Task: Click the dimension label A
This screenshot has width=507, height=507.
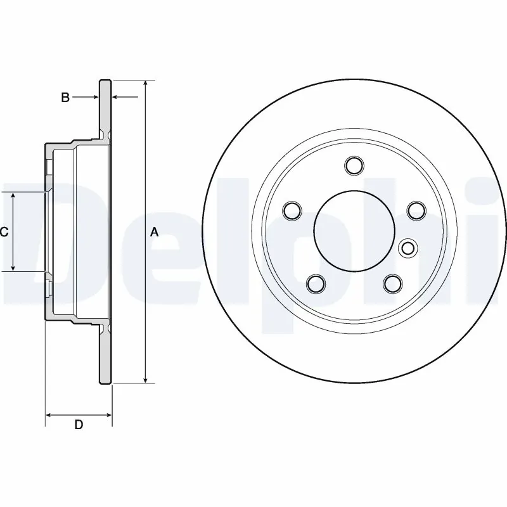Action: (154, 233)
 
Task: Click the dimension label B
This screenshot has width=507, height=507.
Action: (65, 98)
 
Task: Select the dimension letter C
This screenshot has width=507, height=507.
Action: (4, 233)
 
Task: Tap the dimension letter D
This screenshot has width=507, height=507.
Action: (79, 425)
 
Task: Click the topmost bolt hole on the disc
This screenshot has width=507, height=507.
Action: (354, 165)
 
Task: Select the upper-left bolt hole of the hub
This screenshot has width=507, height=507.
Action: (292, 210)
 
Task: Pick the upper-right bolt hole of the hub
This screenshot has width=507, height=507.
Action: (415, 210)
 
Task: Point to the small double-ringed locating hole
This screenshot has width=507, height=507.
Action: (408, 248)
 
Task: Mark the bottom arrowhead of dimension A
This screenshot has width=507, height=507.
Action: (146, 380)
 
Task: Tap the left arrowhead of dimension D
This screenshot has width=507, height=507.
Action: (49, 416)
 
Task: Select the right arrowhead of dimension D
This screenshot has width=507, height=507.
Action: (108, 416)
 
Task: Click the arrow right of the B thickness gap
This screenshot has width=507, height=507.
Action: (116, 98)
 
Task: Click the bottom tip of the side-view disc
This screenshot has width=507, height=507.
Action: (105, 383)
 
